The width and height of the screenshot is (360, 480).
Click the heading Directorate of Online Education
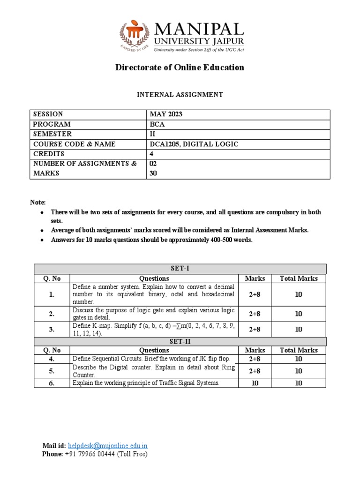coord(180,67)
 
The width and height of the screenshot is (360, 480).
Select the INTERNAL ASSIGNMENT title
coord(180,95)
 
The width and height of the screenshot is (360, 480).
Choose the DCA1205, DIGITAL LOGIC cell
coord(194,144)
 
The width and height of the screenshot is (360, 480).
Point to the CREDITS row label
coord(49,154)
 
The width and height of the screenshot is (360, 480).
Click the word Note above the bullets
coord(38,202)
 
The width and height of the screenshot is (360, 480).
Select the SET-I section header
coord(180,269)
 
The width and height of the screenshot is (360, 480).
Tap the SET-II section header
coord(180,341)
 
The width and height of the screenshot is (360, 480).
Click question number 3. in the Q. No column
coord(52,329)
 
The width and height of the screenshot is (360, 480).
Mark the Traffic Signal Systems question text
coord(145,383)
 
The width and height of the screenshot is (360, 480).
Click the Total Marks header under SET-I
coord(299,278)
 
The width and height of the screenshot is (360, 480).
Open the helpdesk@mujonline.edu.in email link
coord(107,446)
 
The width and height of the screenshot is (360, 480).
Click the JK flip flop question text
coord(152,359)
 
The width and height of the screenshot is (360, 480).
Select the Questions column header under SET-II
coord(154,350)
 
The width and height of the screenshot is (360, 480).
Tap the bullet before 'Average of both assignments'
coord(41,231)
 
